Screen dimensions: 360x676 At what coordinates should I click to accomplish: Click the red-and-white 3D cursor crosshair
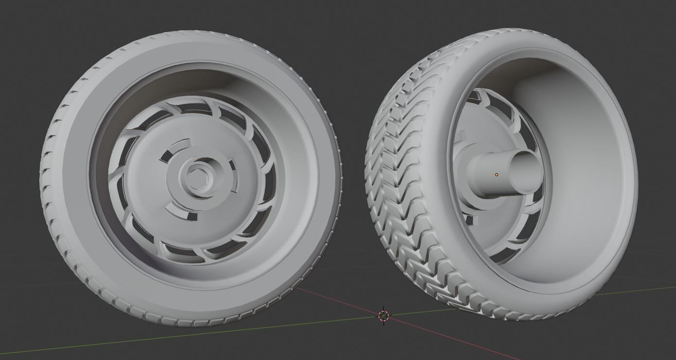pos(383,316)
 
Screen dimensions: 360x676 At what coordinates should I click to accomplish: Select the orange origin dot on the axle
pos(496,174)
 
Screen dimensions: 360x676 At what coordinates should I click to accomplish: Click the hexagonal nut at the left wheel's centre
pos(197,177)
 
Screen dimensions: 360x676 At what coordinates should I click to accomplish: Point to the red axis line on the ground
pos(437,335)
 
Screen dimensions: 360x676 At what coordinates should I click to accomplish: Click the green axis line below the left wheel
pos(146,335)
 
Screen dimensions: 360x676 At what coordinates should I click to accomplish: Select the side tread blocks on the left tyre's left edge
pos(49,194)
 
